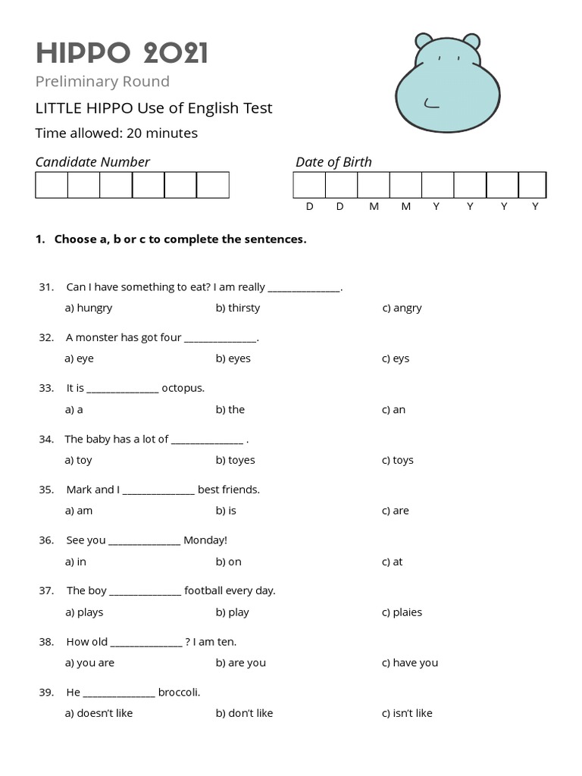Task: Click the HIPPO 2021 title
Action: pos(122,53)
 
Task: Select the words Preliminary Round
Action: pos(102,81)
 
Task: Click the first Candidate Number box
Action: pos(52,185)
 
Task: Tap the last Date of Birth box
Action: pos(532,185)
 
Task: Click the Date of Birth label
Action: pos(333,161)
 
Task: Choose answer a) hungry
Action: pos(89,308)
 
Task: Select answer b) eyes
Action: pos(233,358)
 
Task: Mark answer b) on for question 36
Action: pos(228,562)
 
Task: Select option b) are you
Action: pos(240,663)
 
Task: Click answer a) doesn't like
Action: pos(99,713)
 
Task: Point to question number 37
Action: pos(46,590)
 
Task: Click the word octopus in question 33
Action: pos(183,388)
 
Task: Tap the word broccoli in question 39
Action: pos(179,692)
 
